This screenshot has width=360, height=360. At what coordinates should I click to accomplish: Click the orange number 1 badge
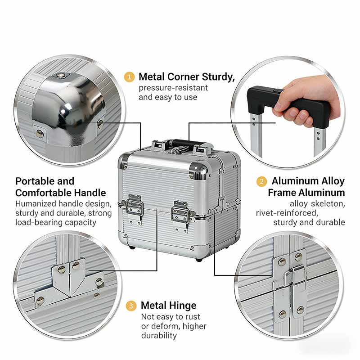point(129,77)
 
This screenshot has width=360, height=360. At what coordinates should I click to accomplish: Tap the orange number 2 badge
point(261,181)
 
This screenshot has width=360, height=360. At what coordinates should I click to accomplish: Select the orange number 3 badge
point(131,306)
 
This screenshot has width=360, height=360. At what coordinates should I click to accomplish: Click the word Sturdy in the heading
point(218,77)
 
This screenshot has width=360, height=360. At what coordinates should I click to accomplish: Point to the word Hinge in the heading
point(183,306)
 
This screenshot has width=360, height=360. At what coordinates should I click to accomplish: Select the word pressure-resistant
point(173,88)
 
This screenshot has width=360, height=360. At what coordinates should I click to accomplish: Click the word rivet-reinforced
point(287,213)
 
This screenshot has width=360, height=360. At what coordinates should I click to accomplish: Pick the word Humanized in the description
point(36,204)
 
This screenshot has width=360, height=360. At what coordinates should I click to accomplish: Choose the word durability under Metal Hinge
point(159,335)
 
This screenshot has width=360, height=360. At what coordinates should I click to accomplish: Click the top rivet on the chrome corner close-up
point(60,75)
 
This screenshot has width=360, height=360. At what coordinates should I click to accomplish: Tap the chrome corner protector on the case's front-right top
point(198,171)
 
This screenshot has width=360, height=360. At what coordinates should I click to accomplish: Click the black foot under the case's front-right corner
point(199,260)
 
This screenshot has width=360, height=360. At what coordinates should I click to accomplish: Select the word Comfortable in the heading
point(61,193)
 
